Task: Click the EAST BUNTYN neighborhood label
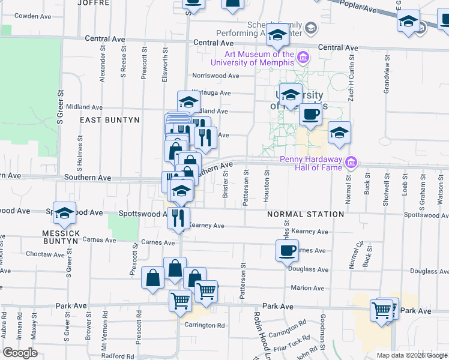pos(110,120)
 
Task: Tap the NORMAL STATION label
pos(306,214)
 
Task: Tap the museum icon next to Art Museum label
pos(303,58)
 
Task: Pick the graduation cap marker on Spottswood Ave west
pos(64,213)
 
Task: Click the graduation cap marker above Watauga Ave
pos(188,101)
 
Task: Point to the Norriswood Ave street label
pos(215,76)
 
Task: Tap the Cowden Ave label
pos(35,16)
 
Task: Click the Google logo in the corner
pos(20,353)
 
